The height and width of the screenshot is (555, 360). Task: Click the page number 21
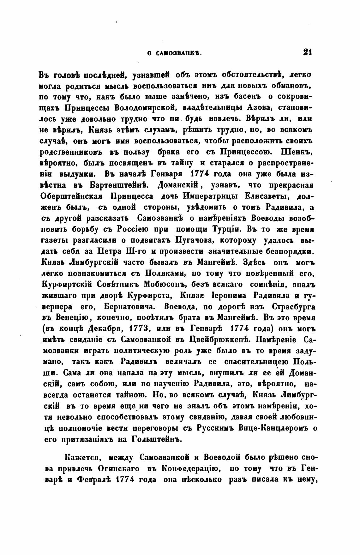pyautogui.click(x=307, y=52)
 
